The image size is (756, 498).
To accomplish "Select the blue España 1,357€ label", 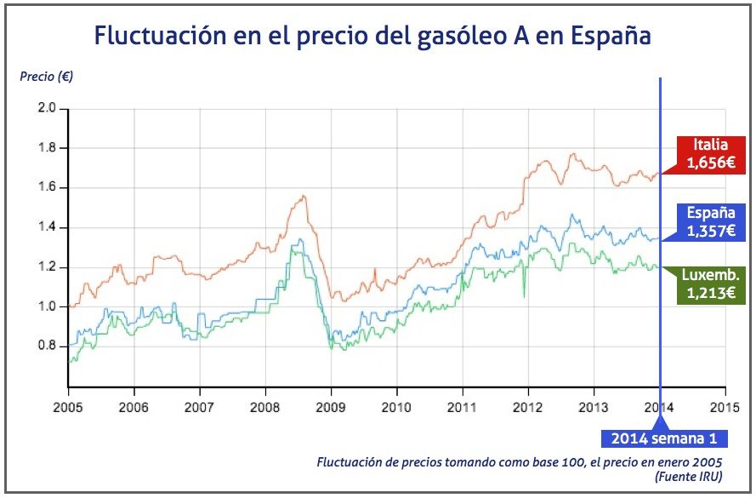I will coord(710,222).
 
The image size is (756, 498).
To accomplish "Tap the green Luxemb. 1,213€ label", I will coord(710,284).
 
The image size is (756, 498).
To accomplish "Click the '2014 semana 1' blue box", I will coord(664,439).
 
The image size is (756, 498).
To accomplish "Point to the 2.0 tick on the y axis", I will coord(47,108).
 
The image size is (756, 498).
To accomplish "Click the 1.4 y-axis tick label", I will coord(47,227).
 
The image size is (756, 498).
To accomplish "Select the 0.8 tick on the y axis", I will coord(47,346).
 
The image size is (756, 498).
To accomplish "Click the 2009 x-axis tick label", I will coord(330,407).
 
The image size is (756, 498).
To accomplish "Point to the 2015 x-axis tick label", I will coord(725,407).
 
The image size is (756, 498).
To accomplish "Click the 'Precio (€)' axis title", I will coord(46,76).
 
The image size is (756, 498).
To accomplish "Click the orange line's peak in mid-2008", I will coord(302,197).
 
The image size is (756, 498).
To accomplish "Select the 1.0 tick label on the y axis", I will coord(47,306).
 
